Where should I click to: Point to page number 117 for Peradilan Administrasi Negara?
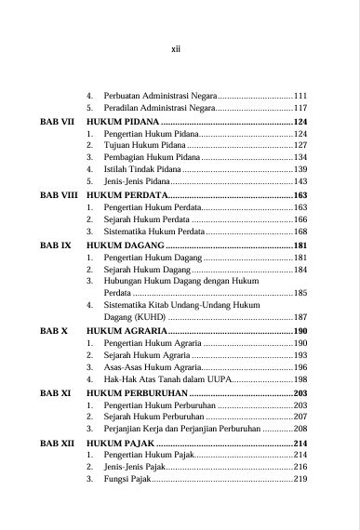[300, 109]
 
